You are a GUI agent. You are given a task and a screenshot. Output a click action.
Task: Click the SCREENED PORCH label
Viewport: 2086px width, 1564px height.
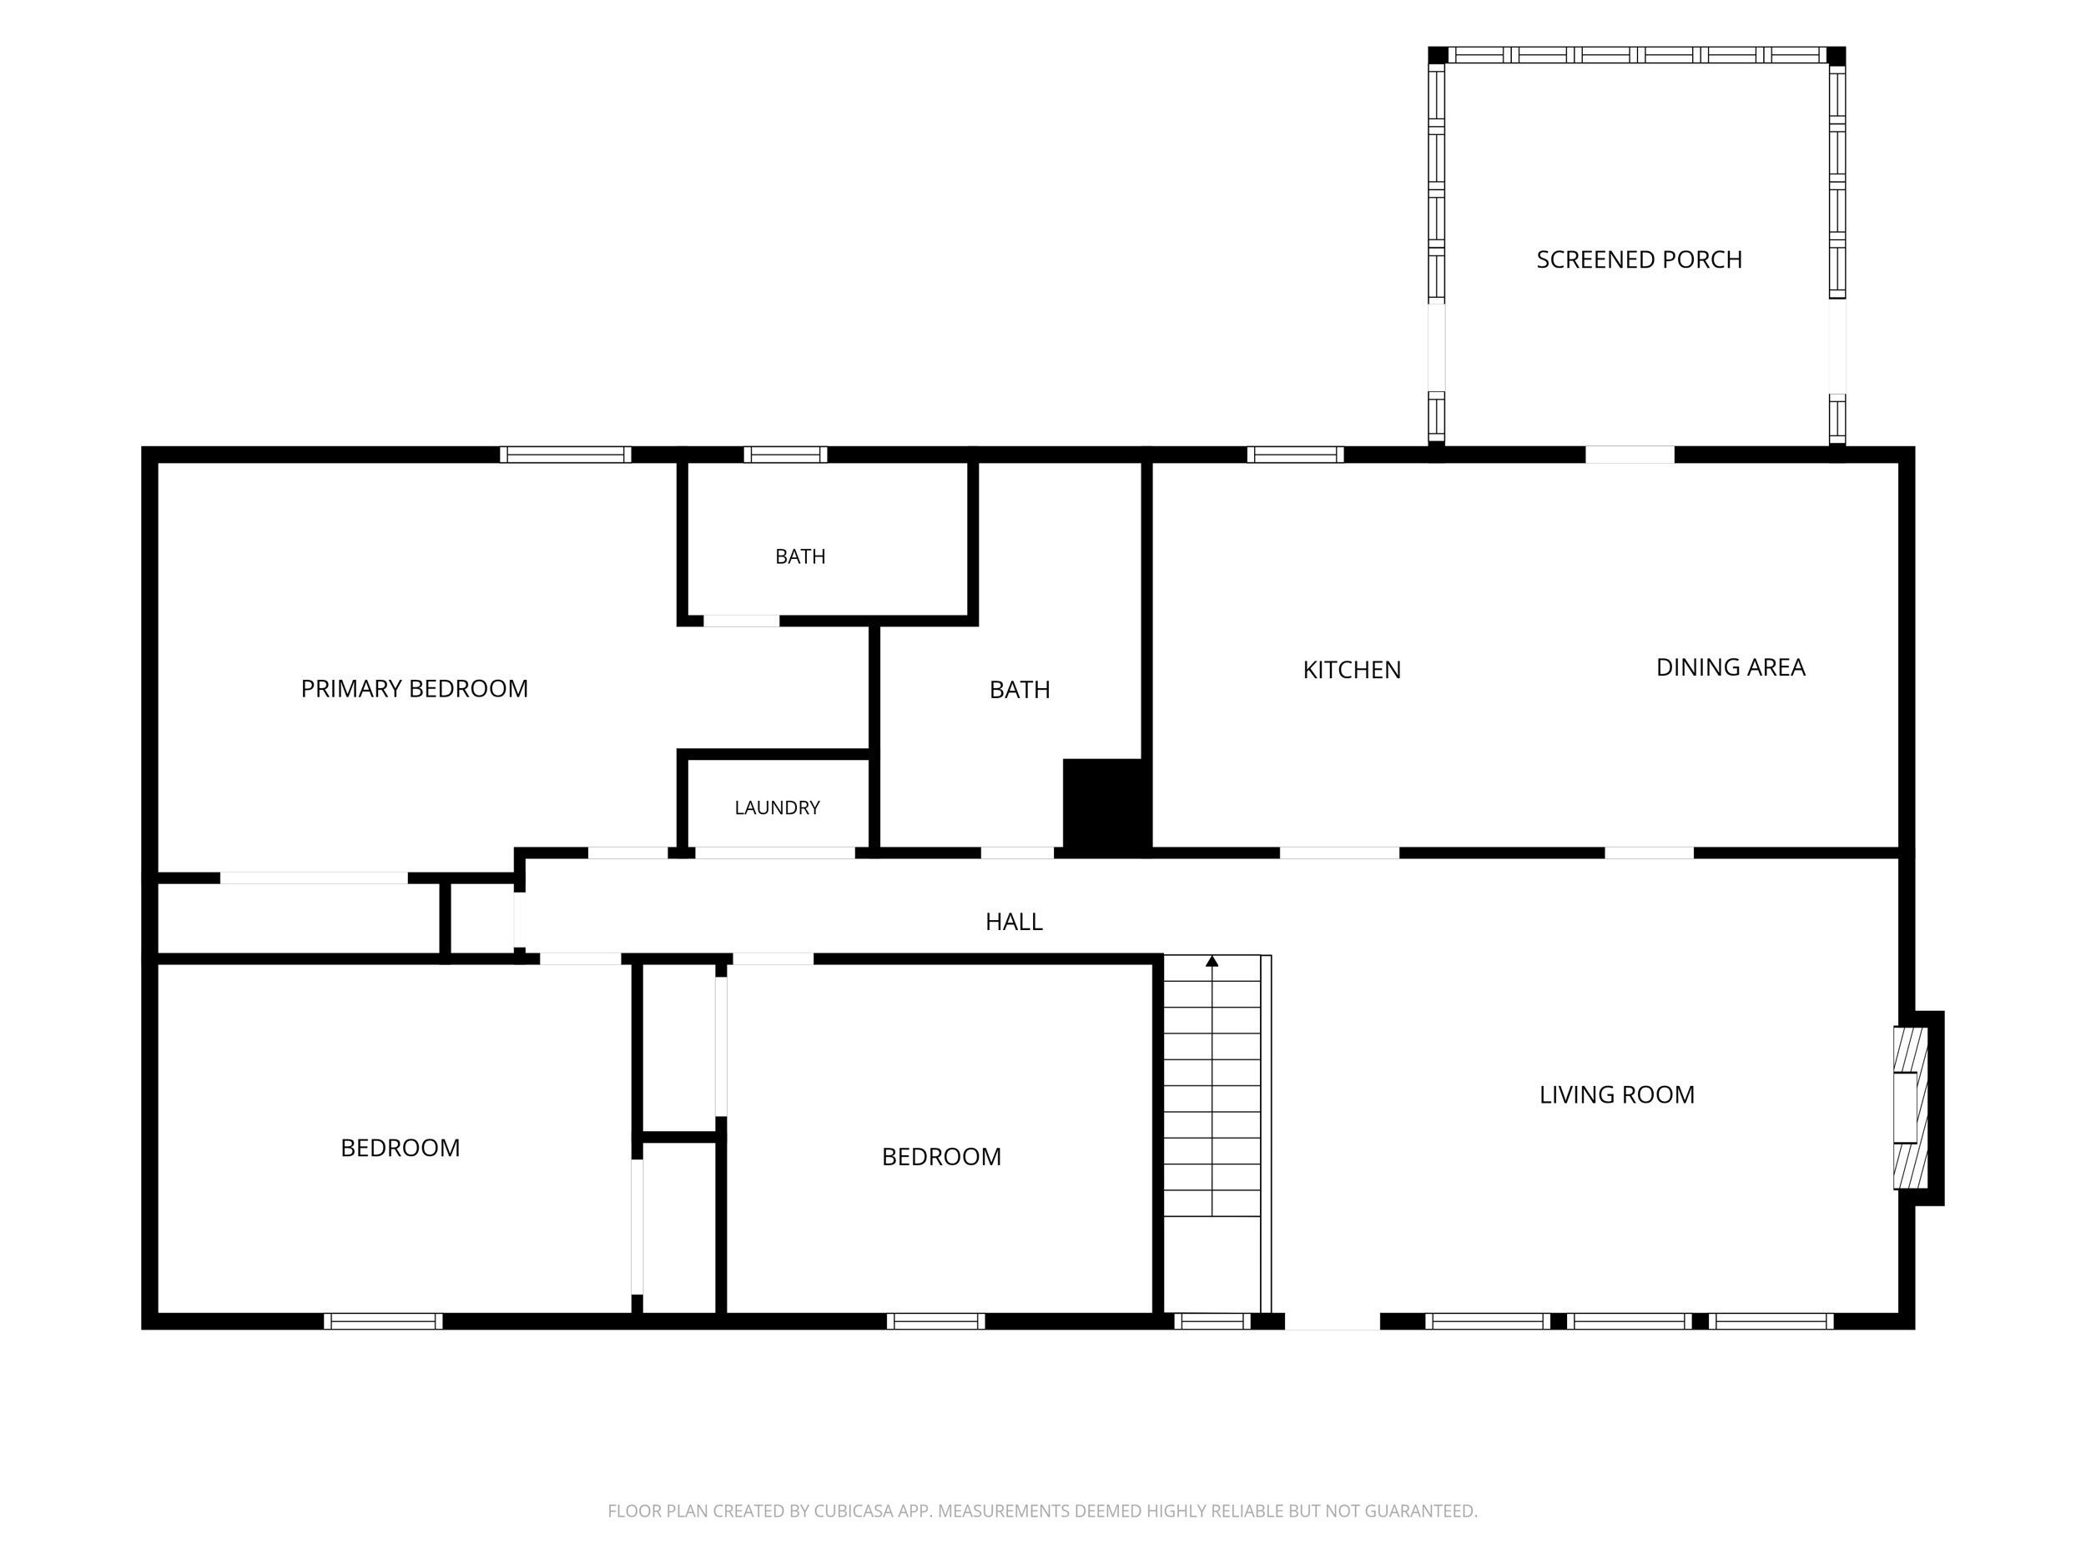pyautogui.click(x=1639, y=259)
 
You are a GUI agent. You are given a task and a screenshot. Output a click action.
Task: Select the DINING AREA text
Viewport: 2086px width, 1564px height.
pyautogui.click(x=1731, y=666)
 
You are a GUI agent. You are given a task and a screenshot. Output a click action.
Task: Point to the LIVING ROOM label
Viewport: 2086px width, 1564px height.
pyautogui.click(x=1616, y=1094)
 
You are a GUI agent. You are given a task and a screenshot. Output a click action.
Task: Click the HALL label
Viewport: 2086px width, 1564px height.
pyautogui.click(x=1014, y=921)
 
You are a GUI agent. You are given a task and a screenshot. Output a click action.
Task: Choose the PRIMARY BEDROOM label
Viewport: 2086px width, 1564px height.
pyautogui.click(x=414, y=688)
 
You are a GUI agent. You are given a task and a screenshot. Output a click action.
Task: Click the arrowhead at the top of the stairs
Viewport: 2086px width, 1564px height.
pyautogui.click(x=1212, y=961)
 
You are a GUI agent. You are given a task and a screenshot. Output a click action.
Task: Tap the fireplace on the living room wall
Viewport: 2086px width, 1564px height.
pyautogui.click(x=1911, y=1108)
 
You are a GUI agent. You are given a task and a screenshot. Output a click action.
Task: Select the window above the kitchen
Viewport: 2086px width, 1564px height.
pyautogui.click(x=1295, y=455)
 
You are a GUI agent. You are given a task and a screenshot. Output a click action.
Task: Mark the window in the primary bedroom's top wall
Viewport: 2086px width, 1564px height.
pyautogui.click(x=565, y=455)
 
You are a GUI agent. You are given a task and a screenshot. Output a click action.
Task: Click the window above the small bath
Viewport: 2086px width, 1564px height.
pyautogui.click(x=785, y=455)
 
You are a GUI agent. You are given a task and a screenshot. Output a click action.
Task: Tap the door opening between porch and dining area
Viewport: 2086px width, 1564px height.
pyautogui.click(x=1630, y=455)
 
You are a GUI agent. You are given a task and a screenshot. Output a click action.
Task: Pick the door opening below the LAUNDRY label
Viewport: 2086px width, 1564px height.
pyautogui.click(x=775, y=853)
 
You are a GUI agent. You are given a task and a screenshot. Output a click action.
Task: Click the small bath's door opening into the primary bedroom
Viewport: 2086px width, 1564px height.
pyautogui.click(x=741, y=621)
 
